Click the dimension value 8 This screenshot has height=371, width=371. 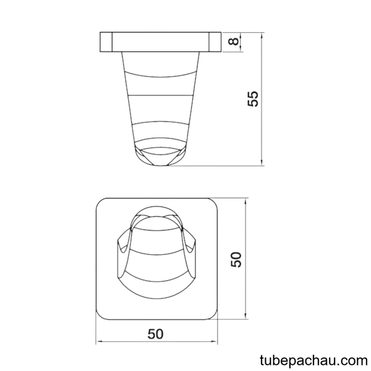234,41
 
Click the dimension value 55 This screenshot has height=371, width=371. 253,99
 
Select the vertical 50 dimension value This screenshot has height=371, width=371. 236,260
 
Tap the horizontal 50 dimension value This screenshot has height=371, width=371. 155,334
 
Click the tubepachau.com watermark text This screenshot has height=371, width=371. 313,360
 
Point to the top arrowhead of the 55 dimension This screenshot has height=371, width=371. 262,35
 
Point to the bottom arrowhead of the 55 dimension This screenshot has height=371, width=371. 262,163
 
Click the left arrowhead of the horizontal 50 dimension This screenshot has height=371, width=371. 99,341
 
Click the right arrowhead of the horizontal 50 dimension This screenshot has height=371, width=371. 214,341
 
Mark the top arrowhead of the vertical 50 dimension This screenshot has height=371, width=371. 246,202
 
